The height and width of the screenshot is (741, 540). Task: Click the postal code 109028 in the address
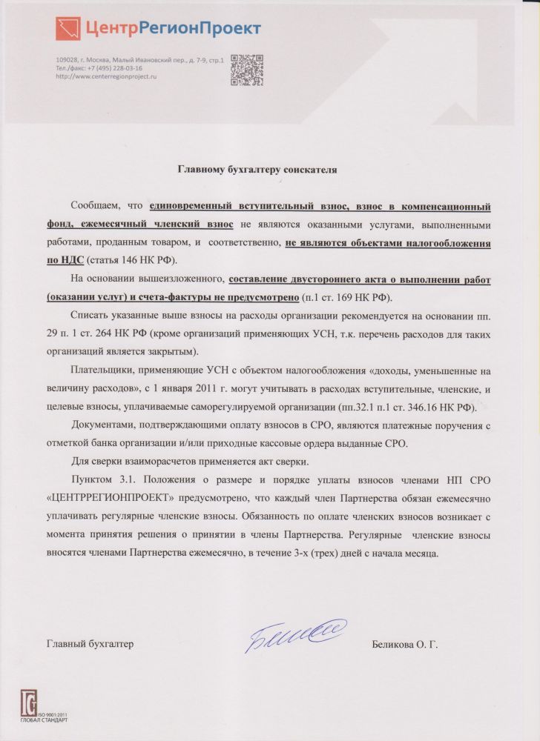pyautogui.click(x=67, y=59)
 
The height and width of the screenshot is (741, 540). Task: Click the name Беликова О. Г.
pyautogui.click(x=405, y=645)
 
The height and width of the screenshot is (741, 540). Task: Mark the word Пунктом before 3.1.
pyautogui.click(x=93, y=479)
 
